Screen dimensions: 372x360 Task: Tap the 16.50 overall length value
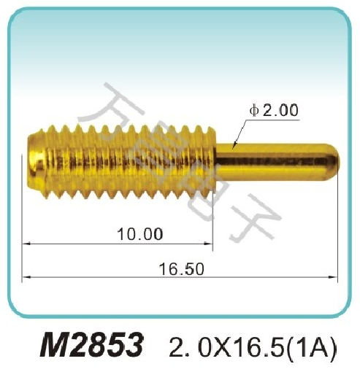[x=181, y=268]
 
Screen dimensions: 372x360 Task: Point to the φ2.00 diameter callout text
[x=273, y=111]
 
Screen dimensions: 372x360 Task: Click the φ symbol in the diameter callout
[x=253, y=111]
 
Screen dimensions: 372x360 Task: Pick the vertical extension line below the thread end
[x=214, y=219]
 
